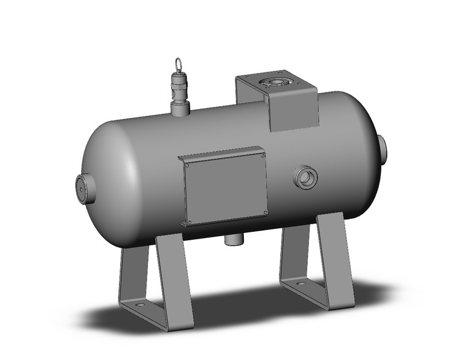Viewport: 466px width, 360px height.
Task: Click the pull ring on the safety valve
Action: point(178,63)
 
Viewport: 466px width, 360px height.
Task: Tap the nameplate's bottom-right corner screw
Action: point(264,212)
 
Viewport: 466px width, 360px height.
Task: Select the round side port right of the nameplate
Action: point(305,178)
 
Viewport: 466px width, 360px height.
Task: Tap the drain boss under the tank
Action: point(234,239)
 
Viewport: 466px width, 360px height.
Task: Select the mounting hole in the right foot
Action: point(300,284)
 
